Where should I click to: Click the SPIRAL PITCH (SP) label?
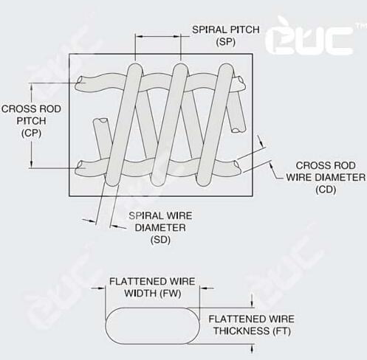coord(226,36)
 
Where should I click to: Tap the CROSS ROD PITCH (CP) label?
coord(31,121)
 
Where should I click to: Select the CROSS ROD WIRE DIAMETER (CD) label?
coord(326,177)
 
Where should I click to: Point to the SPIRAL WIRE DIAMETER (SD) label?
coord(160,228)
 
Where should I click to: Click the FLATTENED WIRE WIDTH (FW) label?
coord(152,287)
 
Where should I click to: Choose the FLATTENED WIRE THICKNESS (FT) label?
coord(252,325)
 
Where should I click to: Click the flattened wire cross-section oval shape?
coord(152,326)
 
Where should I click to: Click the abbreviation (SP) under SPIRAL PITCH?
coord(226,42)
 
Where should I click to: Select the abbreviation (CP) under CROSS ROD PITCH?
coord(31,134)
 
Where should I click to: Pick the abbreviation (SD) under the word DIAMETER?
coord(160,240)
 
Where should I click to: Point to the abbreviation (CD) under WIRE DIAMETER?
coord(326,190)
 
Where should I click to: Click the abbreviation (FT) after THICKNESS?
coord(282,331)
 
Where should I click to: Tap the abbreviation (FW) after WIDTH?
coord(171,294)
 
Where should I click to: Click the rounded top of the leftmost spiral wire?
coord(135,69)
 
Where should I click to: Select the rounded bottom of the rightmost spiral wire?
coord(204,180)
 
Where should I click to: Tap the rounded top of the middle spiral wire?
coord(180,69)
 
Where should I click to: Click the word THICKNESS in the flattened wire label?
coord(241,331)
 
